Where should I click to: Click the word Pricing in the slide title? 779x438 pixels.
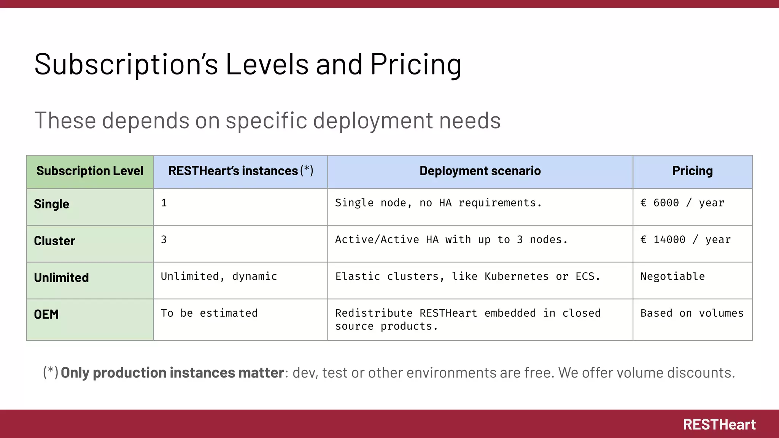416,65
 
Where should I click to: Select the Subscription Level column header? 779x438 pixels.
90,171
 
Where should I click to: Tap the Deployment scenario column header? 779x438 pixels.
480,171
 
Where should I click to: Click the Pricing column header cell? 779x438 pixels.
692,171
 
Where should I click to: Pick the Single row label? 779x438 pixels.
52,204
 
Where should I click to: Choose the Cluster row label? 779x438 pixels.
54,241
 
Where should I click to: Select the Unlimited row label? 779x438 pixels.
61,278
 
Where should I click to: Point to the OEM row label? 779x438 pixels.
46,314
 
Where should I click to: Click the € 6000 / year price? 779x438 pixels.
682,203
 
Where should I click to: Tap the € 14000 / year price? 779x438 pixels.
685,240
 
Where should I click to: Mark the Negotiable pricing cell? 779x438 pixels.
672,276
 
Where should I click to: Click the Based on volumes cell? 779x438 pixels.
692,313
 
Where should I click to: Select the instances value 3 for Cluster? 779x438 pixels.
164,240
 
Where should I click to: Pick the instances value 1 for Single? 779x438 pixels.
164,203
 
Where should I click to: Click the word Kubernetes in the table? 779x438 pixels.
517,276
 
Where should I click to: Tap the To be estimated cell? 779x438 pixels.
209,313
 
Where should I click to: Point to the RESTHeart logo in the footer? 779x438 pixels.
719,425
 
